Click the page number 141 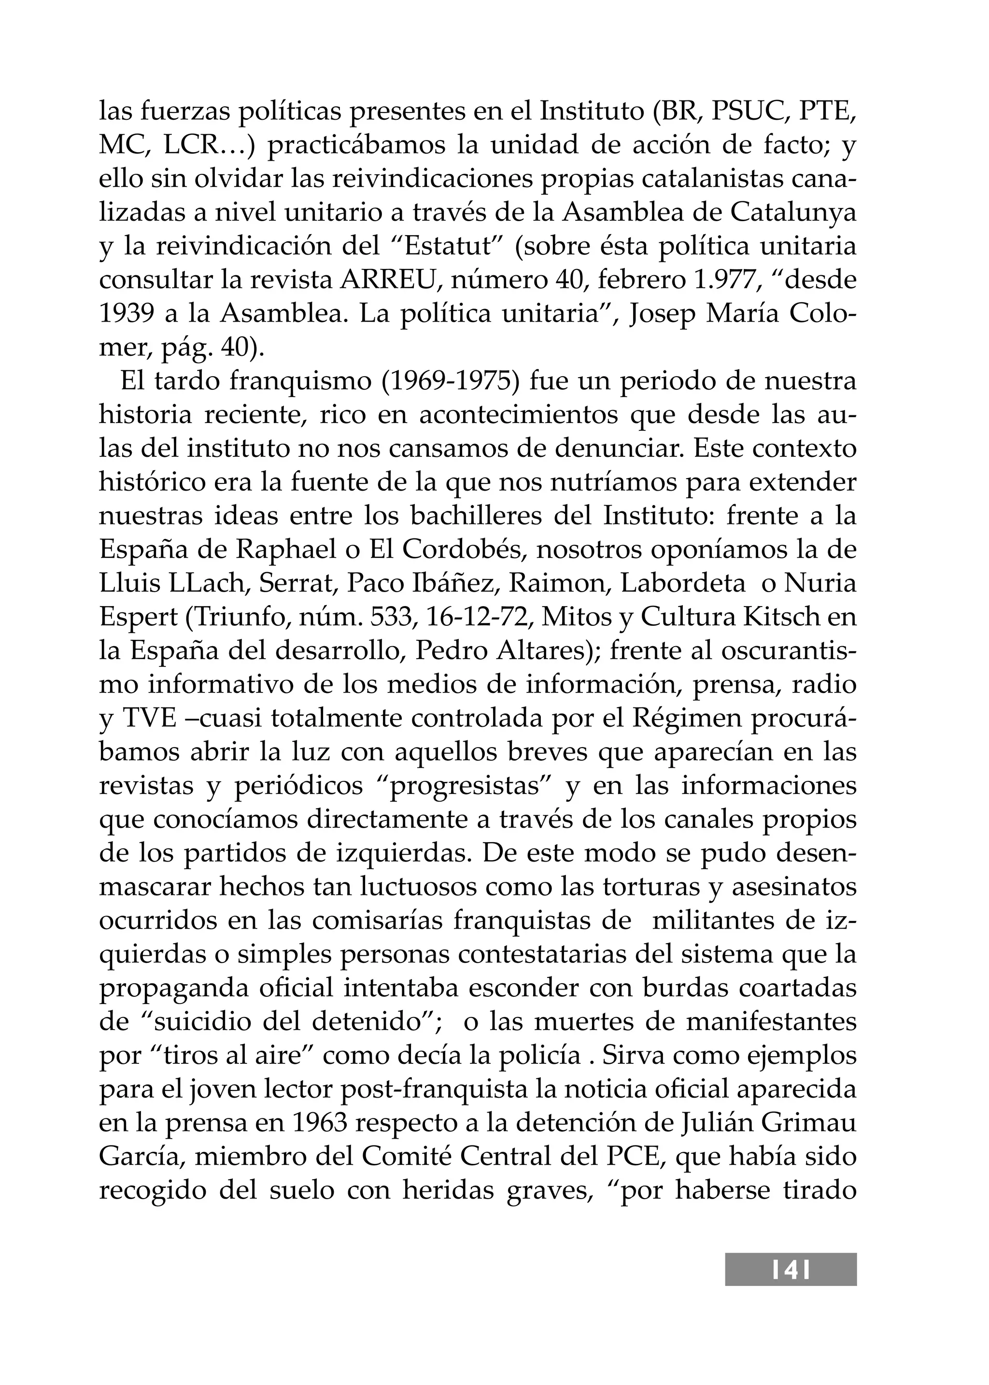click(791, 1286)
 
